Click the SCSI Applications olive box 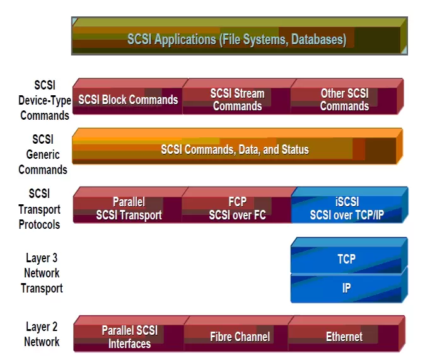click(x=240, y=36)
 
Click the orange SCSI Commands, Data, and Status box click(x=238, y=146)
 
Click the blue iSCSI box click(x=349, y=205)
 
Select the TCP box click(x=349, y=255)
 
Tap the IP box click(x=349, y=286)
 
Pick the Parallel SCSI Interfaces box click(x=129, y=334)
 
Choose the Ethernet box click(x=346, y=334)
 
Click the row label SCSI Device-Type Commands click(x=45, y=100)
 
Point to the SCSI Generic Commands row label click(x=43, y=154)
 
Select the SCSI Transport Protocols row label click(x=40, y=209)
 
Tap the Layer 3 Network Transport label click(x=42, y=273)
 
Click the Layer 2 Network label click(x=42, y=334)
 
